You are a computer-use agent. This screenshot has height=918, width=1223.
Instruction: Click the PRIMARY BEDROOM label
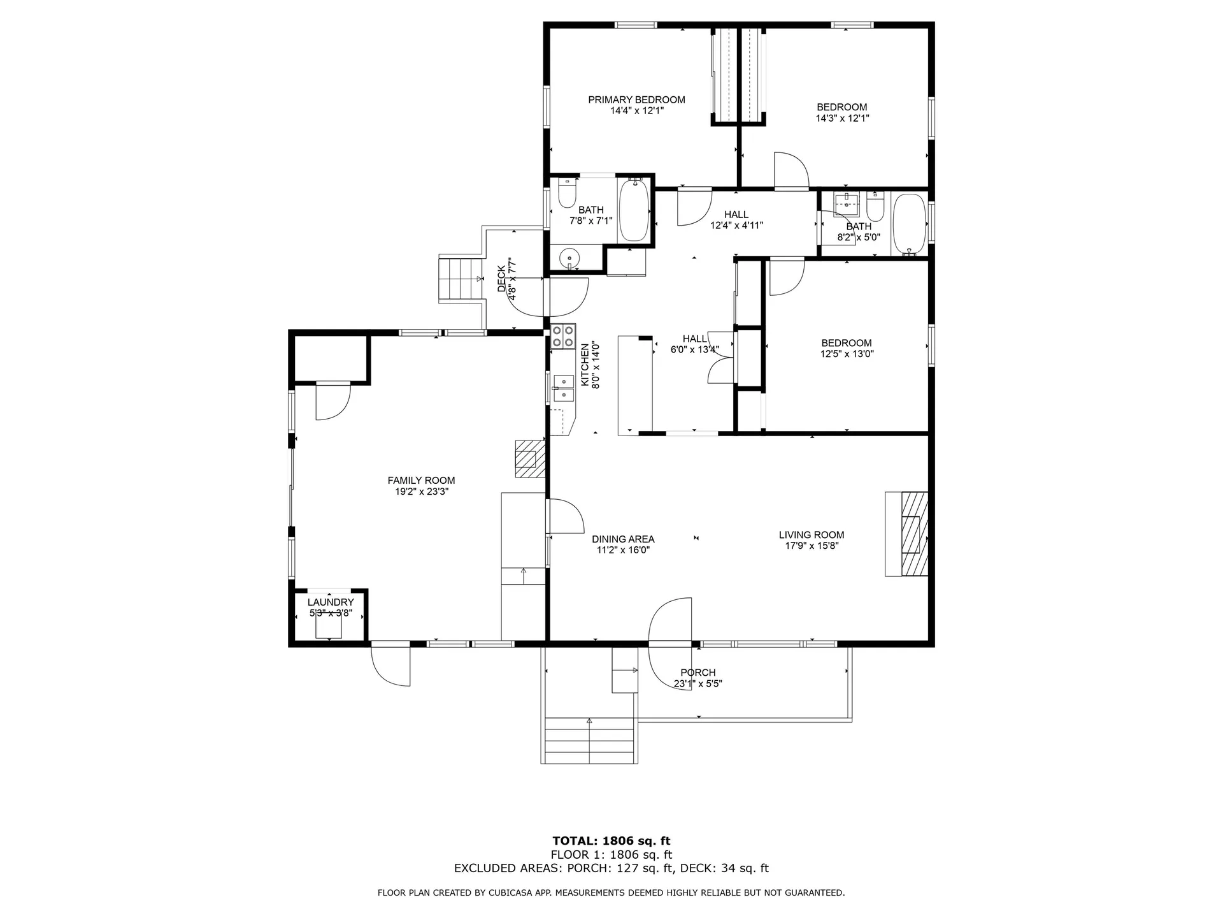tap(636, 99)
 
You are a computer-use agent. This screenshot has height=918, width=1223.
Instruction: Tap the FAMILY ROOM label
tap(421, 481)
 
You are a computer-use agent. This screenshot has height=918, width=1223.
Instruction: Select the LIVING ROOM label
tap(812, 535)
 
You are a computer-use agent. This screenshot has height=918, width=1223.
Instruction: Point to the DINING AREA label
tap(623, 539)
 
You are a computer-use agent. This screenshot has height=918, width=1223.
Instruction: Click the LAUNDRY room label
tap(331, 602)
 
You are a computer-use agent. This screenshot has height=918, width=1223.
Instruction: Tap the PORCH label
tap(698, 673)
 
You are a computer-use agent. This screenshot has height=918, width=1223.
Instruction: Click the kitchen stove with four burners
tap(563, 336)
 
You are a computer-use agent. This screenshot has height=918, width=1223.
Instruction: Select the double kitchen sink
tap(563, 388)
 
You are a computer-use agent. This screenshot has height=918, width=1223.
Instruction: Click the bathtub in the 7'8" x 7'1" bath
tap(634, 210)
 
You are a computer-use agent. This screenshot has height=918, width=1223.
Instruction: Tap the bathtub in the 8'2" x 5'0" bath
tap(910, 224)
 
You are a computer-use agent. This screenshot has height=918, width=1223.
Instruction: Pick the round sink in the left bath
tap(568, 258)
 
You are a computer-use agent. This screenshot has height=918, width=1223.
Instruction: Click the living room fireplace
tap(906, 534)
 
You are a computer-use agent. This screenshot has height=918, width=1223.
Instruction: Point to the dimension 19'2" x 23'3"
tap(421, 492)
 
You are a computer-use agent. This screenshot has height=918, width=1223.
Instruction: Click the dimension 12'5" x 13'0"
tap(847, 354)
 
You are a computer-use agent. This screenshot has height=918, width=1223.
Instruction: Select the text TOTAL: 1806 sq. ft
tap(611, 841)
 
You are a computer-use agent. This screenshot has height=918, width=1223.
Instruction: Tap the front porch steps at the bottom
tap(589, 741)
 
